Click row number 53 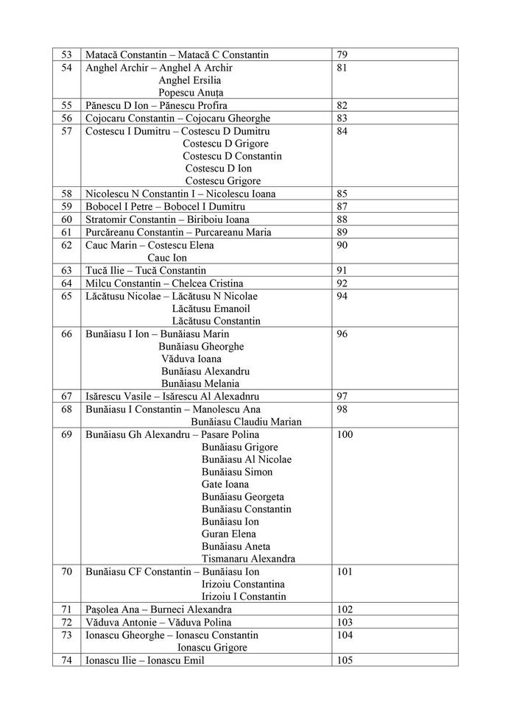click(66, 54)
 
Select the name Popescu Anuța click(191, 93)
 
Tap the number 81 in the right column click(342, 68)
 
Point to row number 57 click(66, 131)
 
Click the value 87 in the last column click(342, 207)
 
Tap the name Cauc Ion click(167, 258)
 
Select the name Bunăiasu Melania click(200, 383)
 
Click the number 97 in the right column click(342, 397)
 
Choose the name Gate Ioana click(225, 484)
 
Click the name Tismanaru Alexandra click(248, 559)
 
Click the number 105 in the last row click(345, 660)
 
